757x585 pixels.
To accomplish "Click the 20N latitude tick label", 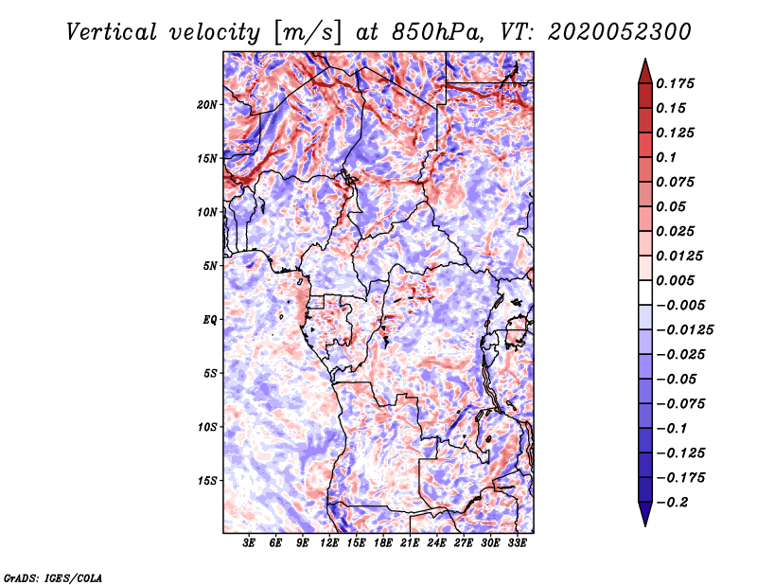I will click(208, 104).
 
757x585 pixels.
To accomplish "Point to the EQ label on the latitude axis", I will click(211, 320).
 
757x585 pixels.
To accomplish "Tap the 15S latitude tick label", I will click(208, 481).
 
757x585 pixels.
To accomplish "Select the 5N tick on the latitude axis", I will click(211, 266).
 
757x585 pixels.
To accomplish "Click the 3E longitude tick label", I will click(249, 544).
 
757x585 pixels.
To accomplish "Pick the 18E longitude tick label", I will click(383, 544).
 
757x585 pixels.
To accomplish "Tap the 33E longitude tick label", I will click(518, 544).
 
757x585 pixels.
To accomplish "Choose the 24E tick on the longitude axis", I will click(437, 544).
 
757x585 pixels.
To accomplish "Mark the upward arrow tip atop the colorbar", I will click(644, 61).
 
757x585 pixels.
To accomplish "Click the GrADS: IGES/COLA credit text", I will click(52, 576).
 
